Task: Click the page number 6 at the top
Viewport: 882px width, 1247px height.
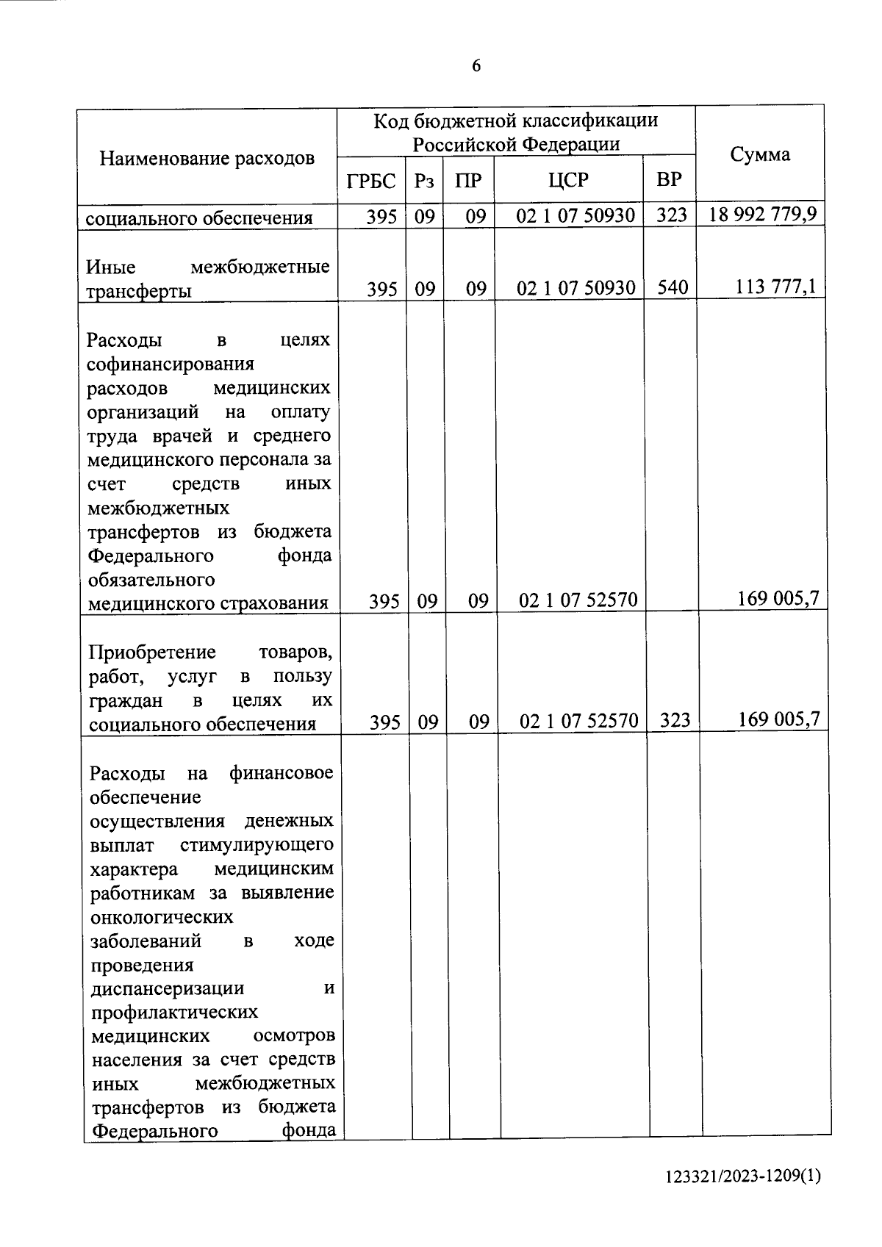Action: pos(476,66)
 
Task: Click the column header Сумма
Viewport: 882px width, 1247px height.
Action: pos(760,154)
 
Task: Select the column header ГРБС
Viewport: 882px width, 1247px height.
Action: pos(371,181)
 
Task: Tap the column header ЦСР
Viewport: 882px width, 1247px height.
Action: pos(568,181)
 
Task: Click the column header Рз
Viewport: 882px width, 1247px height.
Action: pos(424,181)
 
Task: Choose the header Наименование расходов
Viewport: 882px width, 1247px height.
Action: pos(207,158)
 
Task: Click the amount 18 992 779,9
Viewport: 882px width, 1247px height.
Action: pos(763,215)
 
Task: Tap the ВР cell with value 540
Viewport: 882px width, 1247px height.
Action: pos(673,288)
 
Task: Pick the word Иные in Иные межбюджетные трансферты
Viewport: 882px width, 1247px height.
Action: pos(111,267)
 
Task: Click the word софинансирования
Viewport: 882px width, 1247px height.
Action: pos(171,364)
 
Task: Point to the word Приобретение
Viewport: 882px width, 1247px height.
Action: pos(152,653)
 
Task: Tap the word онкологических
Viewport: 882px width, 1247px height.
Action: pos(162,917)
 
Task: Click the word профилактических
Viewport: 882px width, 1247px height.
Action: pos(174,1013)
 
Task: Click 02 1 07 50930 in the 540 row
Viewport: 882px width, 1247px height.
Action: pos(576,288)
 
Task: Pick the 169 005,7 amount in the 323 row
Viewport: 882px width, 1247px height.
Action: pos(778,720)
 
